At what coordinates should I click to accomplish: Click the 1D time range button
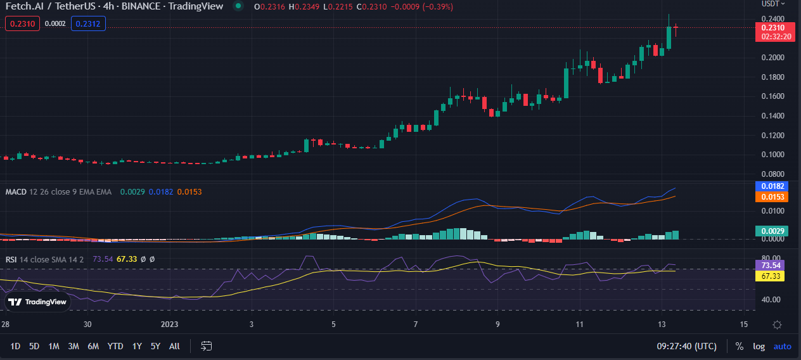pyautogui.click(x=15, y=346)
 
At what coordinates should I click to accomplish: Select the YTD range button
pyautogui.click(x=115, y=346)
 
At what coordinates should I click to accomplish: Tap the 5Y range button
pyautogui.click(x=155, y=346)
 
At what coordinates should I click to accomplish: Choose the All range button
pyautogui.click(x=175, y=346)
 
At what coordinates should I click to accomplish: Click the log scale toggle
pyautogui.click(x=759, y=346)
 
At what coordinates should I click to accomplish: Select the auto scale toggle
pyautogui.click(x=783, y=346)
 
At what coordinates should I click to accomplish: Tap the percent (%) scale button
pyautogui.click(x=739, y=346)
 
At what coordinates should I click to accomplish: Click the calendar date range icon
pyautogui.click(x=207, y=346)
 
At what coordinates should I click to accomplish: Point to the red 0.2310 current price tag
pyautogui.click(x=772, y=28)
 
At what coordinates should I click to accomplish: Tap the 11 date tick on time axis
pyautogui.click(x=579, y=325)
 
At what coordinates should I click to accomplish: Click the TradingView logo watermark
pyautogui.click(x=38, y=302)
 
